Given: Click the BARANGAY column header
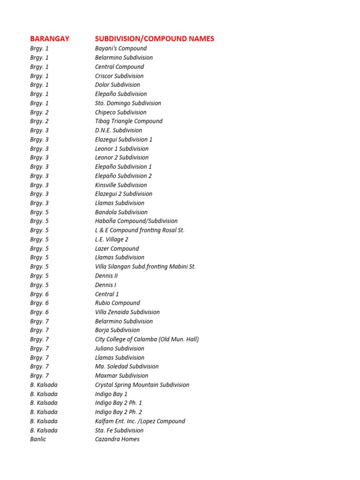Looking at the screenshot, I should [x=50, y=38].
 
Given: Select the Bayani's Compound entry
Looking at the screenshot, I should [x=121, y=48].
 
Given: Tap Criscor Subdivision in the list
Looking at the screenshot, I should [x=119, y=76].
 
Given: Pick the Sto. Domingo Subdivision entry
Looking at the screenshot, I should [x=128, y=103].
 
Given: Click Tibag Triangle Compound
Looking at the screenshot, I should [x=128, y=121].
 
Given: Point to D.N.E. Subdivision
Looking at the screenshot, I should [x=119, y=130].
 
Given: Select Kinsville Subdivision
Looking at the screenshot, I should [x=121, y=185].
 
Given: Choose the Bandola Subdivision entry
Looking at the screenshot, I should [x=121, y=212].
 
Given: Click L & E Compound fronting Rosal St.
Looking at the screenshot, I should [x=140, y=230].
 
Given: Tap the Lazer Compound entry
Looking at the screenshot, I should [x=117, y=248].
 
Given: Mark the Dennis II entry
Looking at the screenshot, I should [x=106, y=276].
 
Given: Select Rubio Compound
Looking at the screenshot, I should [x=117, y=303].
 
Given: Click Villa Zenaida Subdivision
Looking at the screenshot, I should [x=127, y=312].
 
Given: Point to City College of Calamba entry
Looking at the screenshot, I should [x=147, y=339].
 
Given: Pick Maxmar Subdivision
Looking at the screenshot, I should [x=121, y=375].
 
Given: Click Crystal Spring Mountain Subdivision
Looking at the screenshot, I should [x=142, y=385].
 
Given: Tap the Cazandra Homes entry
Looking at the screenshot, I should [x=117, y=439].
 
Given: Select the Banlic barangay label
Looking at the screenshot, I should [x=38, y=439].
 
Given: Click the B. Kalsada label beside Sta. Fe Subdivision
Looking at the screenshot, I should [x=44, y=430].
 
